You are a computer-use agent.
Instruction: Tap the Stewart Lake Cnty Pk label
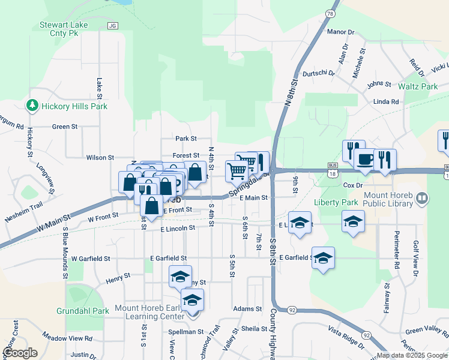64,29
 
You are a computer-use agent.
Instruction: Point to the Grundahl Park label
83,311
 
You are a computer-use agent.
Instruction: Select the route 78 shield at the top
330,13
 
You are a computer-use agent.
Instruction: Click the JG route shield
112,26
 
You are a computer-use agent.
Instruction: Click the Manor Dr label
341,31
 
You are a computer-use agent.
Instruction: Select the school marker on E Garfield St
324,259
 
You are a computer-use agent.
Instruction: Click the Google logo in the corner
19,353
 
